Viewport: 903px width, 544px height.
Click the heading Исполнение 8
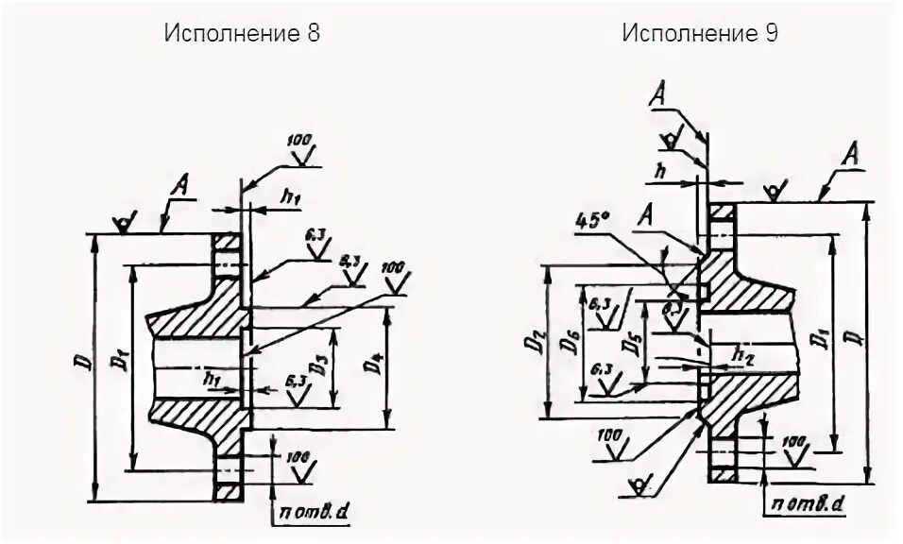(x=243, y=33)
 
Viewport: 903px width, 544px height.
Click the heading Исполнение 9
(x=700, y=33)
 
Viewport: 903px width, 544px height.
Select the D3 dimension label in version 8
(x=322, y=365)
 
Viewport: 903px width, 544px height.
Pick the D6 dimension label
(x=571, y=341)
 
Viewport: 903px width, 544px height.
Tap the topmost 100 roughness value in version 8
(x=299, y=140)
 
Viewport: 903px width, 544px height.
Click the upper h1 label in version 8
(x=290, y=195)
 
